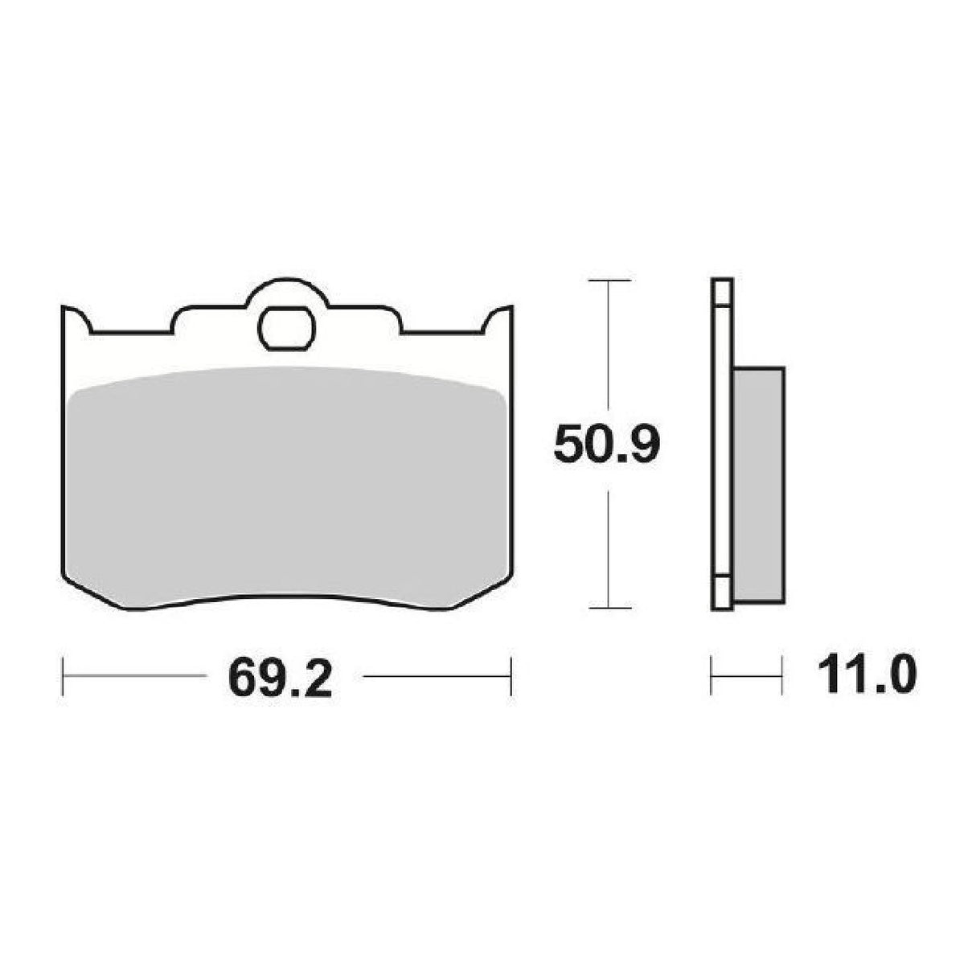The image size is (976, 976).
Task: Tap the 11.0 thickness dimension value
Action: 865,678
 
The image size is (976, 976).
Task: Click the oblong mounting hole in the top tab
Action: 287,329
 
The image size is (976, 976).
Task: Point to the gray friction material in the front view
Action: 287,482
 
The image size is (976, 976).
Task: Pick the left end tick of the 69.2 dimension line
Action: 63,678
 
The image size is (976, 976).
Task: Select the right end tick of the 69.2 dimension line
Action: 511,678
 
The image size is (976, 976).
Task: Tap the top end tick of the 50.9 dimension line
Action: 609,281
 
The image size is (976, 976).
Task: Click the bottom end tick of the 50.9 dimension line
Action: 609,608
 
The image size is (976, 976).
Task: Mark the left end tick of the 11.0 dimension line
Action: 712,678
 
